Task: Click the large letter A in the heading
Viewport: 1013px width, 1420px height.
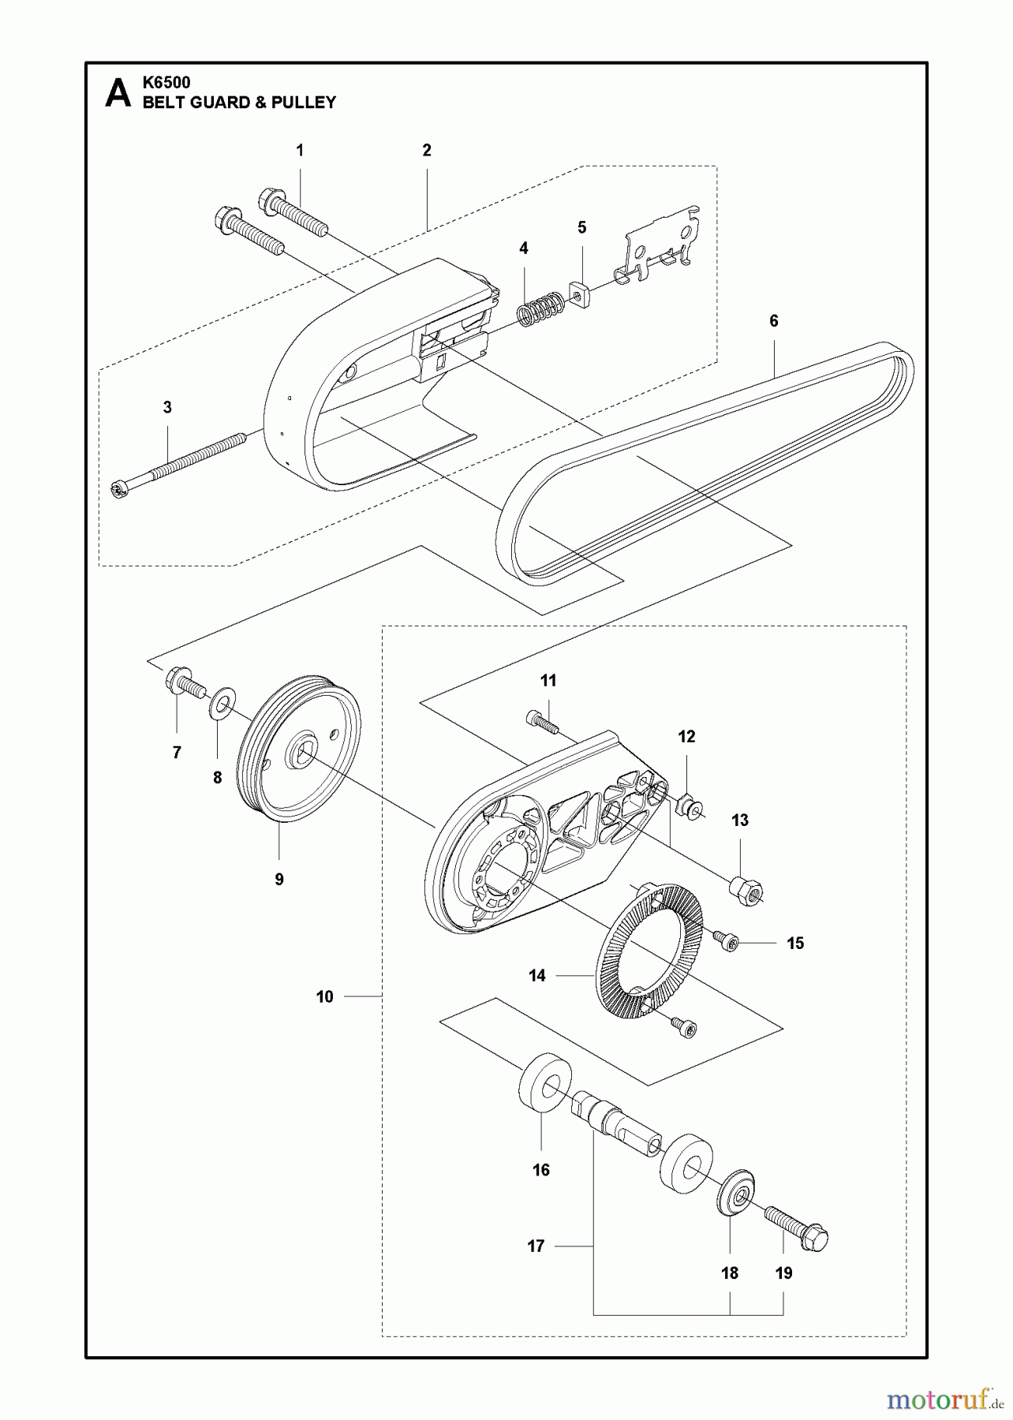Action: pyautogui.click(x=118, y=93)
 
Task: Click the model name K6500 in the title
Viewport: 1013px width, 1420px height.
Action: pyautogui.click(x=166, y=82)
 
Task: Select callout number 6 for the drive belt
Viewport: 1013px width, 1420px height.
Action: pyautogui.click(x=773, y=321)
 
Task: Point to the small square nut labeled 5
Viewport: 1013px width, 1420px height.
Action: pyautogui.click(x=580, y=293)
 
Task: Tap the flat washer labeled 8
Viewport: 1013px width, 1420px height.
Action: pyautogui.click(x=223, y=702)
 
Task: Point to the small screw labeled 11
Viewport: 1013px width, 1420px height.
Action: pyautogui.click(x=542, y=722)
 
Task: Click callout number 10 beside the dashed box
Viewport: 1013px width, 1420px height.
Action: pyautogui.click(x=325, y=997)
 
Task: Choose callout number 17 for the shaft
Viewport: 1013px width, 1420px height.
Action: pyautogui.click(x=536, y=1246)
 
